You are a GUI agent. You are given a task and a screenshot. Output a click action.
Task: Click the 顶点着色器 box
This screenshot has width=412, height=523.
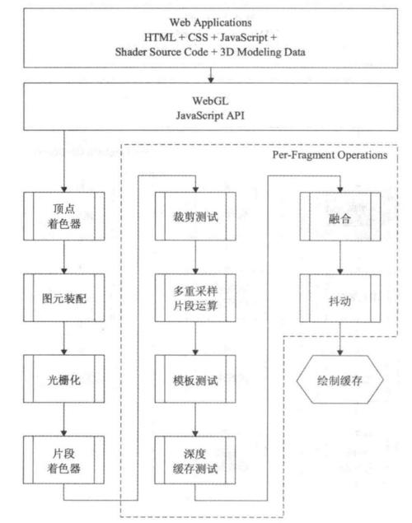tap(63, 216)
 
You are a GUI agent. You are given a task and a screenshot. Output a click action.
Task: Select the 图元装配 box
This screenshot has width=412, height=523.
tap(63, 297)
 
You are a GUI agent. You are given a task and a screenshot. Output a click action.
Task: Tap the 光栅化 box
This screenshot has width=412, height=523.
tap(63, 379)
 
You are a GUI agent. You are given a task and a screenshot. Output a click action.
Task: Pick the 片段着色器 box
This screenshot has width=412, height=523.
tap(63, 460)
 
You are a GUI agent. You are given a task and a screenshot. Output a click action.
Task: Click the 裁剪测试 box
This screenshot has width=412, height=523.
tap(195, 216)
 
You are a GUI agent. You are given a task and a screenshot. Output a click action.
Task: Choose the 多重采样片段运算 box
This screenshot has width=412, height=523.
tap(195, 297)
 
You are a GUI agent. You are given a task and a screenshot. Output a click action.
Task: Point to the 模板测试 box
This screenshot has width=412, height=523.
tap(195, 379)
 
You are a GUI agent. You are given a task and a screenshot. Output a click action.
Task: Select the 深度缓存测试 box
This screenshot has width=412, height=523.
tap(195, 460)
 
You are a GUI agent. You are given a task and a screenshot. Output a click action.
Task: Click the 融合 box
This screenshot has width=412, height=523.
tap(340, 217)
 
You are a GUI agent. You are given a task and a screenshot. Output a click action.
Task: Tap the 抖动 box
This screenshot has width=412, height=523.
tap(340, 298)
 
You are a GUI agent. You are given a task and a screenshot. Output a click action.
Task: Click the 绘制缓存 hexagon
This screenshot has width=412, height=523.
tap(340, 380)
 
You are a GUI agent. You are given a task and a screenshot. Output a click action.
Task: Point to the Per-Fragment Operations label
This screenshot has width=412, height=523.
tap(330, 155)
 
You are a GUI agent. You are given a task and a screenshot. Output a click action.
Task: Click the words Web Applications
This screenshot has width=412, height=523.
tap(210, 22)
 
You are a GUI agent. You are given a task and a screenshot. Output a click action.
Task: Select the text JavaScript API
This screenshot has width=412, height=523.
tap(210, 115)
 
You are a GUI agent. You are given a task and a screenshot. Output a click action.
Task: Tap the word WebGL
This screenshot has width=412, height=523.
tap(210, 100)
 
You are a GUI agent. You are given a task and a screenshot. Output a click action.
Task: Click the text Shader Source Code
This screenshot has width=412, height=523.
tap(162, 52)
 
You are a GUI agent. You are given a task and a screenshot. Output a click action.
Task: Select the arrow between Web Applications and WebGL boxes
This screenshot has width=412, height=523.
tap(210, 76)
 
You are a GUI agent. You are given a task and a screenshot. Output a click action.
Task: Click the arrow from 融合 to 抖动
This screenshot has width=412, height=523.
tap(340, 258)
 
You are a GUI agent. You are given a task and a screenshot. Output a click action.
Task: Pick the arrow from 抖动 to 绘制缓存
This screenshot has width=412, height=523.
tap(340, 339)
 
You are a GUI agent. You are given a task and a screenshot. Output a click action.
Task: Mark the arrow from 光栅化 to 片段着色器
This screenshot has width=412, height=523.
tap(63, 419)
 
